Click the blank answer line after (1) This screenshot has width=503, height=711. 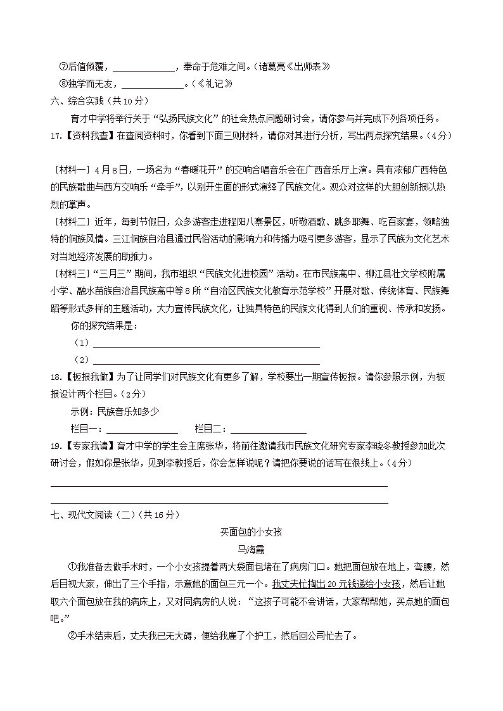[x=206, y=345]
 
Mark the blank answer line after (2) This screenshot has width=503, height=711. [x=206, y=362]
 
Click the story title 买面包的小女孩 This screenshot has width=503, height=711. [x=251, y=532]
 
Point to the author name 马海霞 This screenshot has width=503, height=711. [x=251, y=549]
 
